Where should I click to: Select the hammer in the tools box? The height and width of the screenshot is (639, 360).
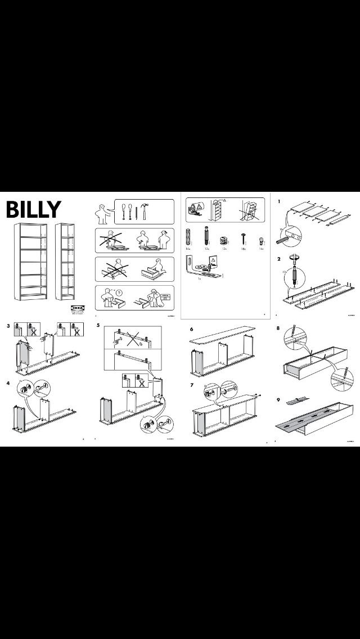(145, 212)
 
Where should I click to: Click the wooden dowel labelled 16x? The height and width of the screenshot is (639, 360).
(187, 236)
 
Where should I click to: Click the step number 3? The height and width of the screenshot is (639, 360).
(8, 326)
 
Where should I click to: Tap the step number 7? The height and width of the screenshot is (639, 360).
(191, 385)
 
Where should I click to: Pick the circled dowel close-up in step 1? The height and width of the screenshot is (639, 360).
(291, 233)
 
